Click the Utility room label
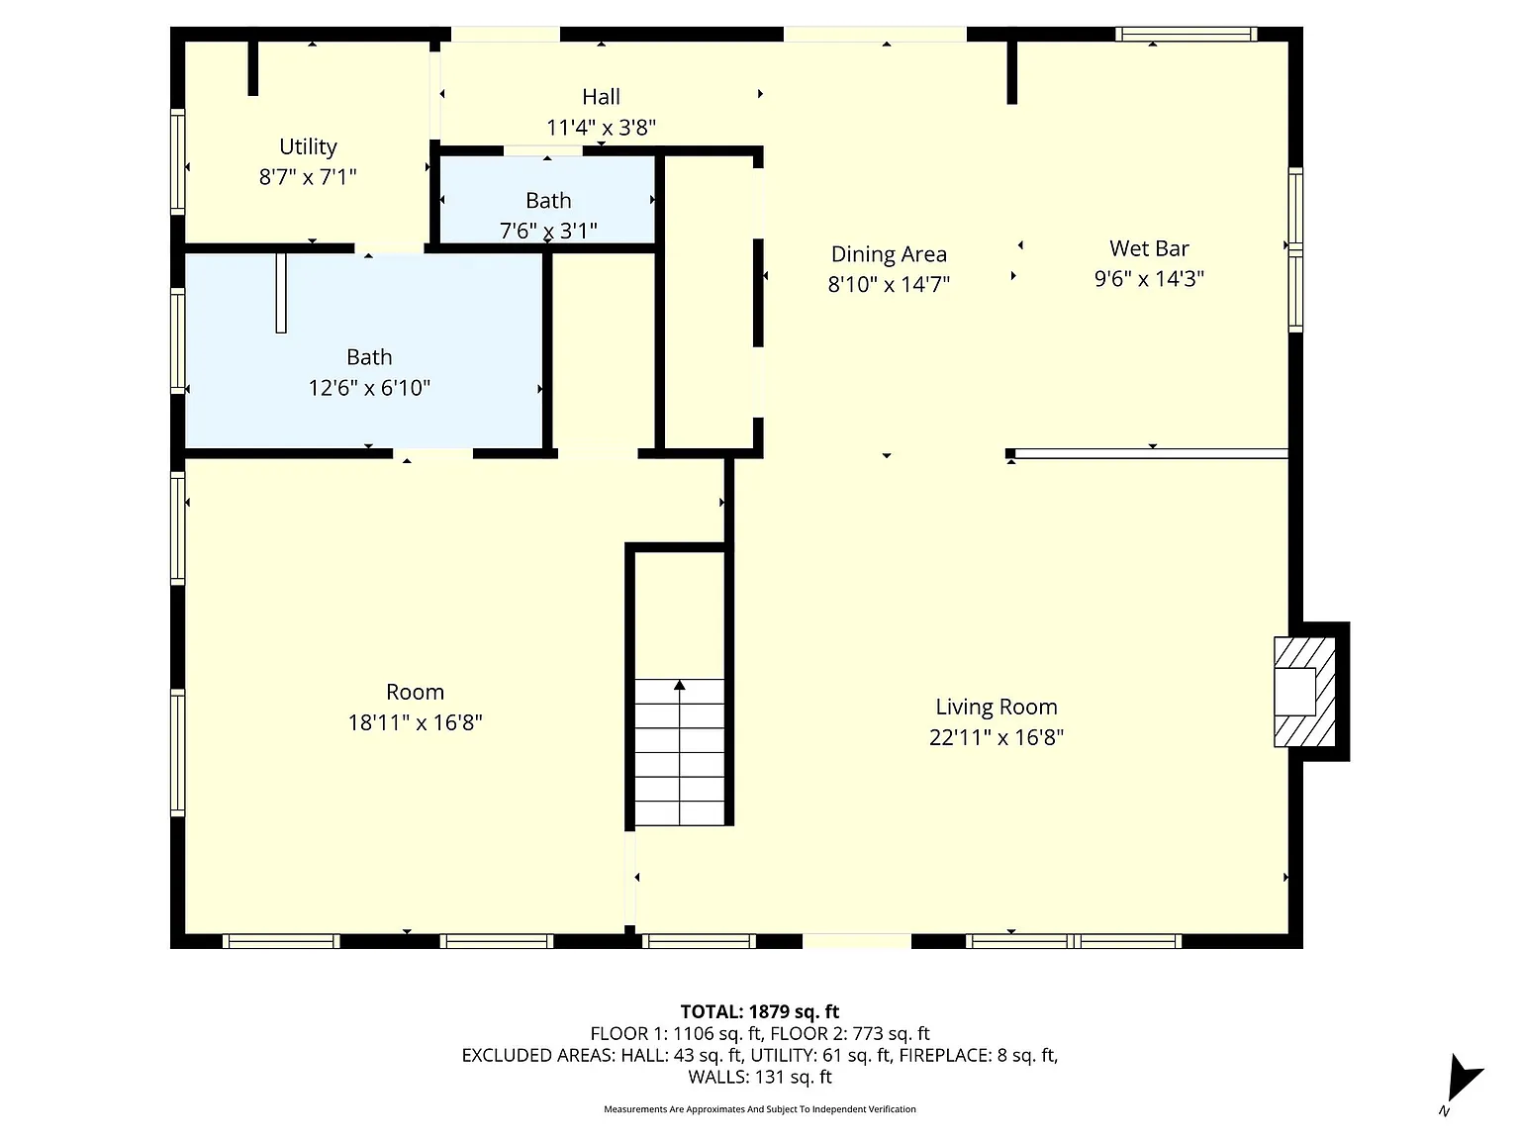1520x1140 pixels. pyautogui.click(x=308, y=146)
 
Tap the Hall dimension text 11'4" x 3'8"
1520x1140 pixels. pyautogui.click(x=601, y=128)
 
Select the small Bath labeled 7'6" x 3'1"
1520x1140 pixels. pyautogui.click(x=548, y=200)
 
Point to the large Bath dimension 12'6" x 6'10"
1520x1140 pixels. pyautogui.click(x=369, y=388)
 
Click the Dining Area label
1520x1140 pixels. pyautogui.click(x=889, y=254)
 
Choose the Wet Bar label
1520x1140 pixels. pyautogui.click(x=1149, y=247)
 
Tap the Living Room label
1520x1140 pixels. pyautogui.click(x=996, y=707)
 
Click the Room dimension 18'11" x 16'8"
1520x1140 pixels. pyautogui.click(x=415, y=722)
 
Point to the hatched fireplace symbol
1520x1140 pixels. pyautogui.click(x=1304, y=692)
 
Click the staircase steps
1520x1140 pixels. pyautogui.click(x=679, y=752)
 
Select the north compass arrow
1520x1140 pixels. pyautogui.click(x=1464, y=1077)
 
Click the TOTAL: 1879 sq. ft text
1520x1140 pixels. pyautogui.click(x=760, y=1012)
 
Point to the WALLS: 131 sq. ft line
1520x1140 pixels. pyautogui.click(x=760, y=1077)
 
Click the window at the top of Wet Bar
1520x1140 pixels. pyautogui.click(x=1186, y=34)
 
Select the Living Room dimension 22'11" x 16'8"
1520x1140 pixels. pyautogui.click(x=996, y=738)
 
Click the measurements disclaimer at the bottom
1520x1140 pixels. pyautogui.click(x=760, y=1109)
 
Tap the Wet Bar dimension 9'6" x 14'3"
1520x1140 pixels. pyautogui.click(x=1149, y=279)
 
